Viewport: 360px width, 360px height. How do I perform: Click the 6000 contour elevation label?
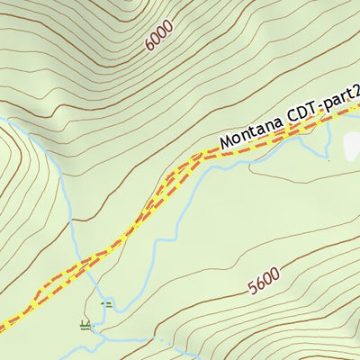pos(158,36)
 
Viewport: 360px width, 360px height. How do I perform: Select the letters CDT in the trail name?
pos(304,113)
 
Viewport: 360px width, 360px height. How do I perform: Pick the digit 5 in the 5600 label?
pos(253,289)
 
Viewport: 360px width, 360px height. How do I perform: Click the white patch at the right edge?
pos(352,147)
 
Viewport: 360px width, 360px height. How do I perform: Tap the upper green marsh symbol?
pos(106,305)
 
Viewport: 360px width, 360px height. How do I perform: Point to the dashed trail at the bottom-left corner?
pos(4,325)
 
